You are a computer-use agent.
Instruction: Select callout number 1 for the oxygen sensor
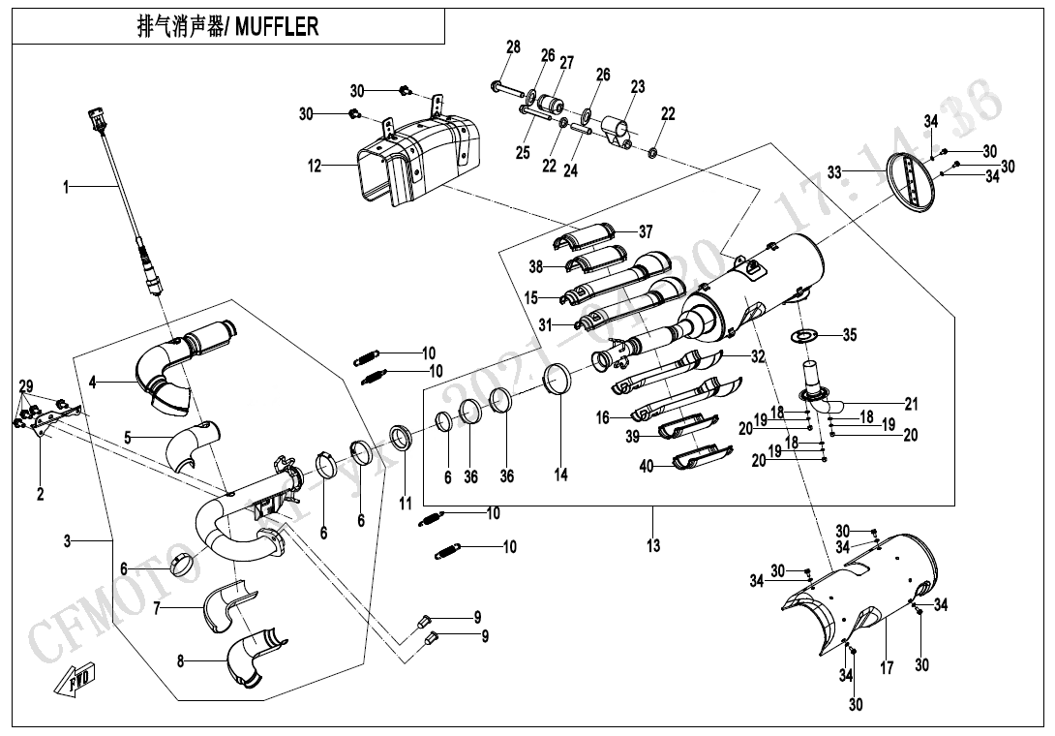point(67,187)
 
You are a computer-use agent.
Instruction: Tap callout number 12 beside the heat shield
point(315,167)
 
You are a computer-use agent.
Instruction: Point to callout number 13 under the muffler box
point(653,546)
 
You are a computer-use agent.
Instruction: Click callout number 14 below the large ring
point(561,475)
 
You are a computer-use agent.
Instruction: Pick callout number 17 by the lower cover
point(888,669)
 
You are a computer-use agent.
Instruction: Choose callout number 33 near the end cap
point(834,171)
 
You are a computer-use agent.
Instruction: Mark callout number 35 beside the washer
point(850,336)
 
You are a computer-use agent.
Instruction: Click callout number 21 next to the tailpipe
point(911,404)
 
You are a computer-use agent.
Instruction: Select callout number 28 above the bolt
point(513,47)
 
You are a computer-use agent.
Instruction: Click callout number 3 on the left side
point(68,541)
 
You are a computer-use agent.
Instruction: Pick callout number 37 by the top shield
point(646,231)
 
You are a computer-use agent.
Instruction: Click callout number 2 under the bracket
point(41,495)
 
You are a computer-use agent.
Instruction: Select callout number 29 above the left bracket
point(25,386)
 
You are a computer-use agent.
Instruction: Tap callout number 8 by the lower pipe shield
point(180,662)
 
